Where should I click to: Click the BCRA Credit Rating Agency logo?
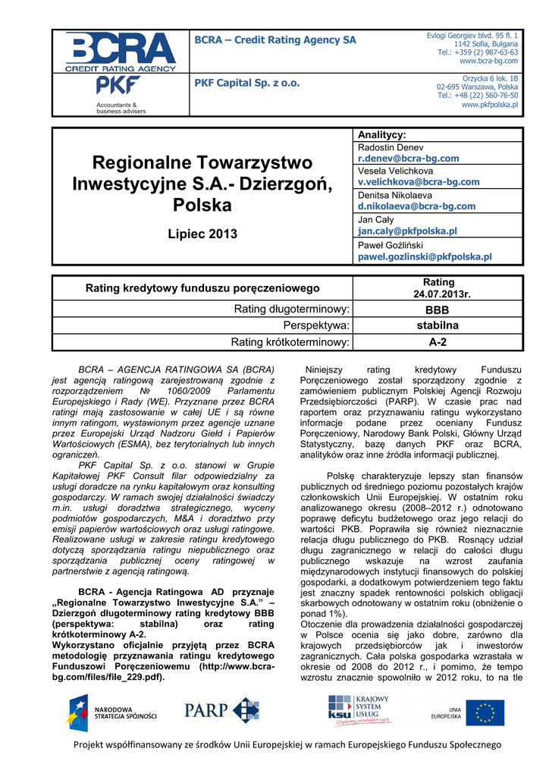coord(121,52)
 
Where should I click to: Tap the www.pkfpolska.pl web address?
coord(490,105)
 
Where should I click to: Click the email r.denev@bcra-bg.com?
coord(408,159)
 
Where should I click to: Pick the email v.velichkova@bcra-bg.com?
coord(419,182)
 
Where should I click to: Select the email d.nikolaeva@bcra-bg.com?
coord(416,206)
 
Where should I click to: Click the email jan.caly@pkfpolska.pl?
coord(407,231)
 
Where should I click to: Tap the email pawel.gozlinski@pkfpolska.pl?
coord(425,257)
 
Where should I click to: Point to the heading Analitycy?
coord(382,134)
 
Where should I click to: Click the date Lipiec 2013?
coord(202,234)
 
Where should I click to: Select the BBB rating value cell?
coord(437,310)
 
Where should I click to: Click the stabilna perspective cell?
coord(438,326)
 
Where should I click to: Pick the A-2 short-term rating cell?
coord(438,342)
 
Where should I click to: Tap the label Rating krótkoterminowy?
coord(290,342)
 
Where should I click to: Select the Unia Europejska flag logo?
coord(485,713)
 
